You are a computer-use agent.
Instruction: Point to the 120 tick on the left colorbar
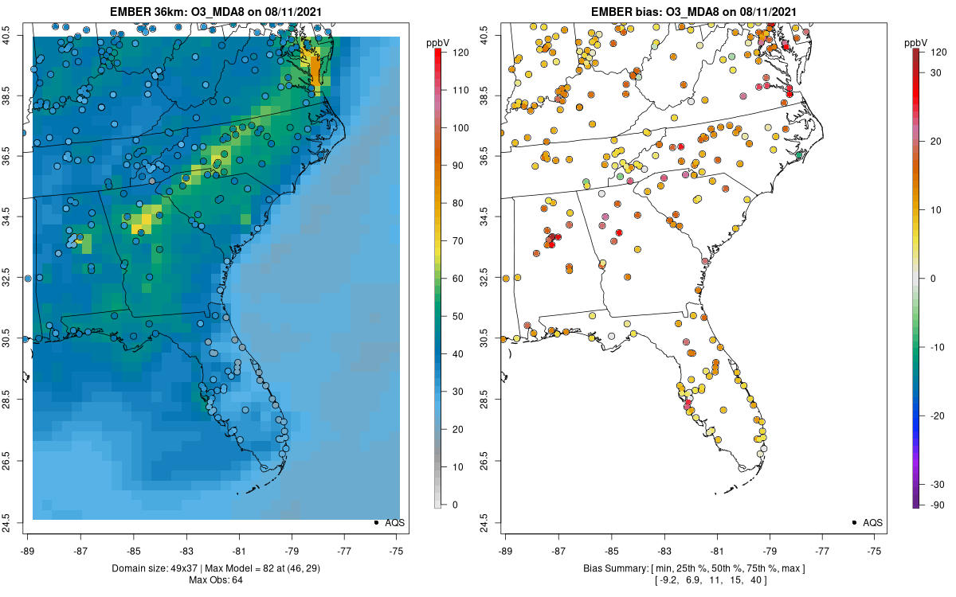tap(444, 53)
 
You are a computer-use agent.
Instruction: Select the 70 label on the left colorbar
tap(457, 241)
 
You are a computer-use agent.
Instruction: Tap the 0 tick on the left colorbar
tap(444, 505)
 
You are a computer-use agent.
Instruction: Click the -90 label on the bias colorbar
tap(937, 505)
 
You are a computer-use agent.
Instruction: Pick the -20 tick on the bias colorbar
tap(922, 416)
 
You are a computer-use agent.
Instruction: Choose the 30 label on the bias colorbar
tap(935, 73)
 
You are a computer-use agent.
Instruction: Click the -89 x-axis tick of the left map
tap(28, 537)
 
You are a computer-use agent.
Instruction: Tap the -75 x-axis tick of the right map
tap(874, 537)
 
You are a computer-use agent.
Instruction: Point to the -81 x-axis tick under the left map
tap(239, 537)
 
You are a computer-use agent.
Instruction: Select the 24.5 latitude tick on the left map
tap(20, 523)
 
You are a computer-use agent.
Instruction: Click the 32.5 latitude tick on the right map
tap(498, 278)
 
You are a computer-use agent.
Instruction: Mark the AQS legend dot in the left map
tap(376, 522)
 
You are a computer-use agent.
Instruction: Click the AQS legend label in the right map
tap(873, 523)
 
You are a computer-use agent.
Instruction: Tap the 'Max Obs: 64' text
tap(216, 580)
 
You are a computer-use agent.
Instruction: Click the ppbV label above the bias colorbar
tap(916, 43)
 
